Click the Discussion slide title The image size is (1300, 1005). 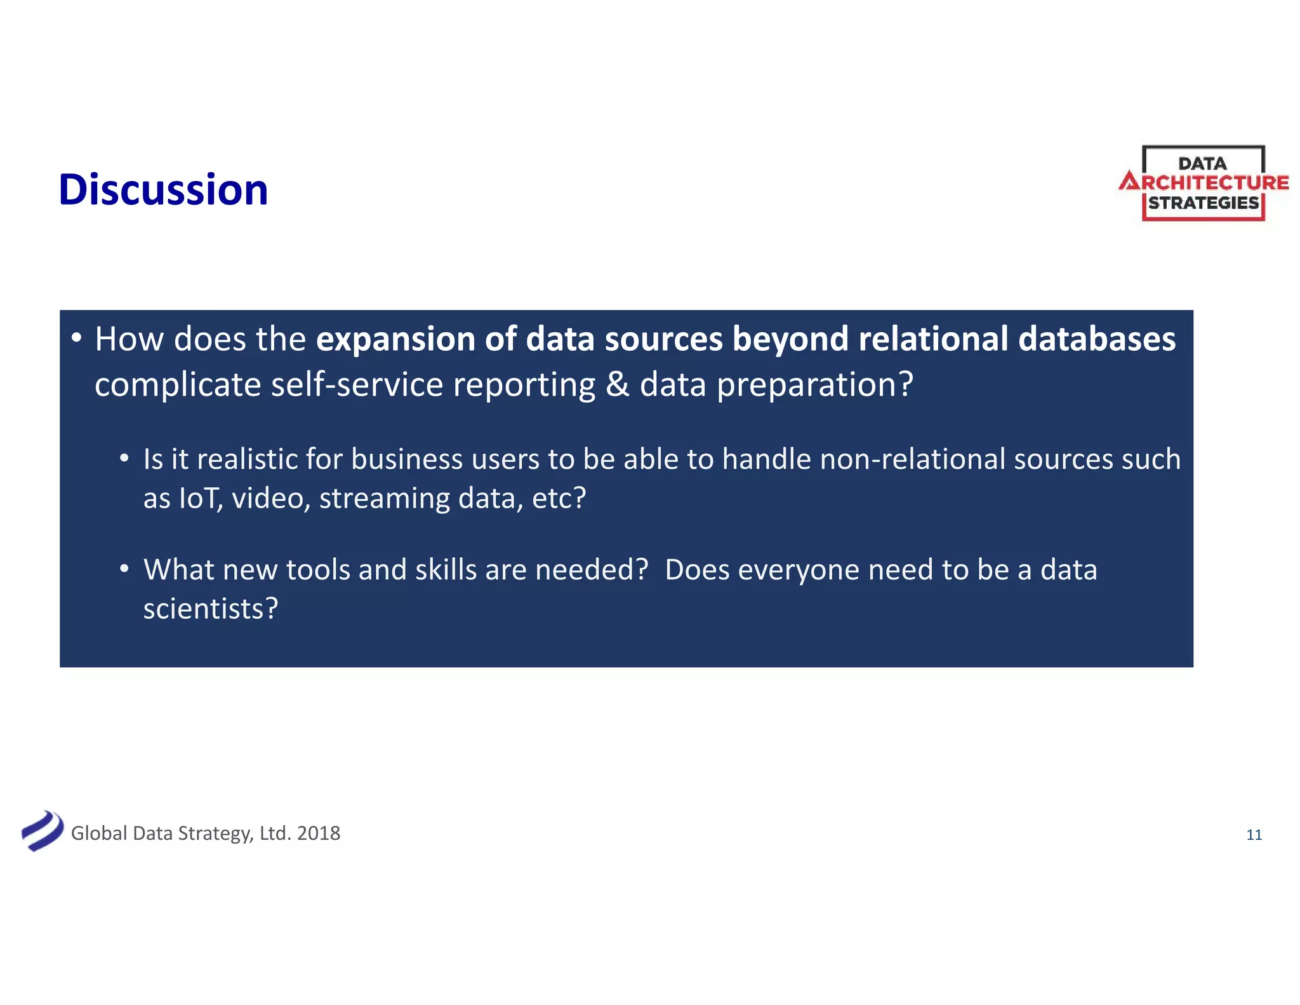point(163,189)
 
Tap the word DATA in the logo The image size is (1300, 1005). point(1202,164)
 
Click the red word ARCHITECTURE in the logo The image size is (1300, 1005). point(1204,183)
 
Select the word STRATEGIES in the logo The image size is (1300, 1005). point(1203,203)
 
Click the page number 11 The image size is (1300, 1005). point(1254,835)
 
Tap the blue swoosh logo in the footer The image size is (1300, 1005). point(42,831)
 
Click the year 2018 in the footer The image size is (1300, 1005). point(319,833)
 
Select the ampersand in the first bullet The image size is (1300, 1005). point(617,385)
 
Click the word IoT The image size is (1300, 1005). point(201,498)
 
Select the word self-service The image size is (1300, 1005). point(357,385)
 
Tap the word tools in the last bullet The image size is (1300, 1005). point(318,570)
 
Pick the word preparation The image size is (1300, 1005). point(809,385)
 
